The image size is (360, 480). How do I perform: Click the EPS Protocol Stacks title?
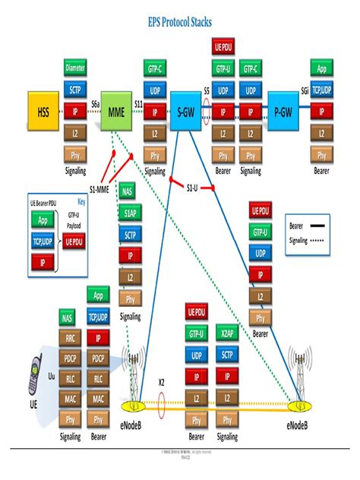[x=179, y=23]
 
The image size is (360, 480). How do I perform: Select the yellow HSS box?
[x=43, y=112]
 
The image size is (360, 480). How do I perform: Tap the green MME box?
[x=117, y=112]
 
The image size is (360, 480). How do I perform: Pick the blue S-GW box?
[x=185, y=112]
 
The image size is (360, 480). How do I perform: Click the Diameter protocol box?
[x=75, y=68]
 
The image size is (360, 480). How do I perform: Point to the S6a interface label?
[x=96, y=103]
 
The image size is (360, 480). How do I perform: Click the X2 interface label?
[x=161, y=381]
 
